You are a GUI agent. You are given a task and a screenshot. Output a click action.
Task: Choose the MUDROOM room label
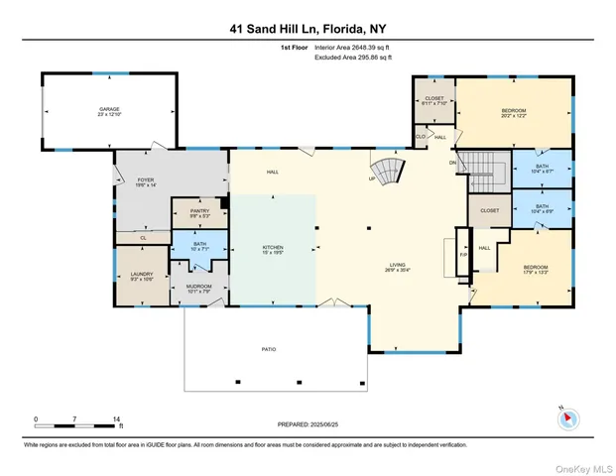[x=201, y=289]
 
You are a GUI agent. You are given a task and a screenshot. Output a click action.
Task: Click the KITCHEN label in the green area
[x=273, y=248]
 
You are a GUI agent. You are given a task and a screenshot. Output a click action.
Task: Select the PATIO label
[x=269, y=349]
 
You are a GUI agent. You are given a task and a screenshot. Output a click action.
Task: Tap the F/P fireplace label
[x=460, y=254]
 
